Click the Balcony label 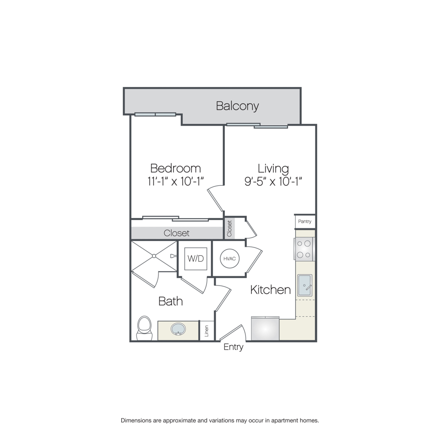click(x=238, y=106)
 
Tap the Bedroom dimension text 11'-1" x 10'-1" click(x=176, y=181)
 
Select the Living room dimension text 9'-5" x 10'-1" click(x=273, y=181)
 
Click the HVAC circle click(x=230, y=259)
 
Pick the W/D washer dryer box click(x=196, y=259)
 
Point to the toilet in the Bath click(x=144, y=329)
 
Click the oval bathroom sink click(x=178, y=329)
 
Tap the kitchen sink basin click(x=305, y=285)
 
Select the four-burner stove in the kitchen click(x=304, y=249)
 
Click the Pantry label click(x=305, y=221)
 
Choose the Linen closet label click(x=207, y=331)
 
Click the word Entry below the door click(x=234, y=347)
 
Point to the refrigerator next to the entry click(x=265, y=329)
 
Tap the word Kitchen click(x=270, y=290)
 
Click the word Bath click(x=171, y=301)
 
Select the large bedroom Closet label click(x=176, y=233)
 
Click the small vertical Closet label click(x=229, y=228)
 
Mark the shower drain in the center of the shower click(x=154, y=256)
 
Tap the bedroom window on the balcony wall click(x=155, y=114)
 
